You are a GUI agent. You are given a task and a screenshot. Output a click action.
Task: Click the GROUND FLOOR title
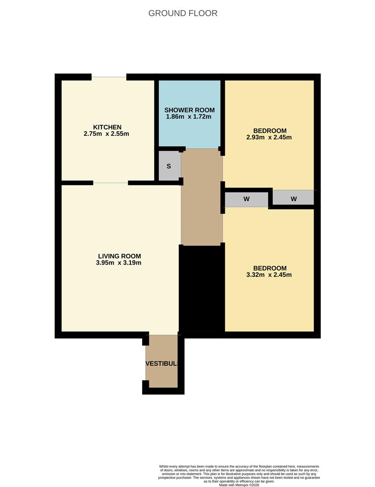tap(183, 13)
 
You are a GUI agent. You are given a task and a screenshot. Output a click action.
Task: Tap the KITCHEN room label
tap(107, 127)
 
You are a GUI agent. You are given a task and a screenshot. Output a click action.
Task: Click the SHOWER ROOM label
tap(189, 110)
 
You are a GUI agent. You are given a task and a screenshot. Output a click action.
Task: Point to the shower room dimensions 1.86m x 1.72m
tap(189, 117)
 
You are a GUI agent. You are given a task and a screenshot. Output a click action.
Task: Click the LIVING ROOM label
tap(119, 256)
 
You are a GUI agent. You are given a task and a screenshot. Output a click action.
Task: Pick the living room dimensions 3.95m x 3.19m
tap(119, 263)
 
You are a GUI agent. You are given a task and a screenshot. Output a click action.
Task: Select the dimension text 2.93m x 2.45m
tap(269, 138)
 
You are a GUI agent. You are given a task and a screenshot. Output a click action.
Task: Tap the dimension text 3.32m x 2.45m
tap(269, 275)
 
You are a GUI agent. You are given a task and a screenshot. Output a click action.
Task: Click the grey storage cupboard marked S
tap(169, 166)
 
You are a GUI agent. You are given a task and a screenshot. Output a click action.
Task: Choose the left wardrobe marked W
tap(246, 199)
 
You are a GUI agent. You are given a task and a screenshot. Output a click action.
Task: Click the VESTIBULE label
tap(162, 363)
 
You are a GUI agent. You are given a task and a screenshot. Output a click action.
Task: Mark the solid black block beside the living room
tap(202, 289)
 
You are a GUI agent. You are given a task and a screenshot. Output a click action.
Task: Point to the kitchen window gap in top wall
tap(109, 77)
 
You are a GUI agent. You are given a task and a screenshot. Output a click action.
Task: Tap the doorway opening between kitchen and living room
tap(111, 183)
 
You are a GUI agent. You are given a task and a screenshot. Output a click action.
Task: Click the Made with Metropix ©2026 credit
tap(239, 485)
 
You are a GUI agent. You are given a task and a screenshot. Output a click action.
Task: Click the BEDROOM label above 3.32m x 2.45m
tap(269, 267)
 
